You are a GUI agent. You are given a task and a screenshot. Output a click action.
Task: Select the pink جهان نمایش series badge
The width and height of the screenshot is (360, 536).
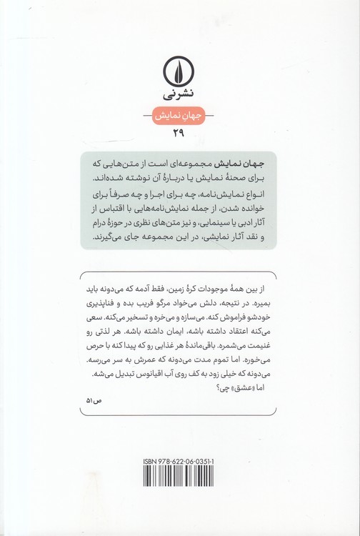pyautogui.click(x=179, y=114)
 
